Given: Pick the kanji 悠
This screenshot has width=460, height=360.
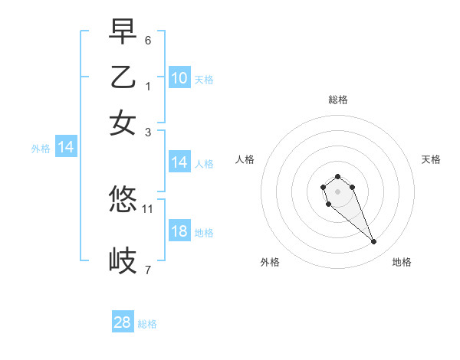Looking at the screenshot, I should click(123, 200).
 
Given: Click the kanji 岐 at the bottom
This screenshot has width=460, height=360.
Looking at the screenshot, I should click(123, 260).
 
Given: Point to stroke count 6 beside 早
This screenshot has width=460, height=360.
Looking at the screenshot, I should click(148, 40).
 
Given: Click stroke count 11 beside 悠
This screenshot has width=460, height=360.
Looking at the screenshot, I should click(149, 208).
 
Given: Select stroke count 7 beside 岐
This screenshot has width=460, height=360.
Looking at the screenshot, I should click(148, 270).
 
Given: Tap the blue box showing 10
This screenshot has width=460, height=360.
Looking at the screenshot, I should click(179, 78).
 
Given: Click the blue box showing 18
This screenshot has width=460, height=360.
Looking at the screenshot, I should click(179, 232).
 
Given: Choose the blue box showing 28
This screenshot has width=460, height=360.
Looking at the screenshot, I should click(123, 322).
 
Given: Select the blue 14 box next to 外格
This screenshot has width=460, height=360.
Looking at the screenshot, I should click(66, 148).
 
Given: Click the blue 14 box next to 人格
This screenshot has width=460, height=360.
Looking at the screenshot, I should click(179, 162).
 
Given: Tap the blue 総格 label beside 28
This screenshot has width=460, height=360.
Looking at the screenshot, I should click(147, 324).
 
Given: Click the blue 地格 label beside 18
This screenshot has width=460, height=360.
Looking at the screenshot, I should click(204, 233).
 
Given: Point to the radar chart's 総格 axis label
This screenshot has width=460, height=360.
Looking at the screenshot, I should click(337, 100).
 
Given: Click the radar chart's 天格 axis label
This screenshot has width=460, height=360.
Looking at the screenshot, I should click(432, 159).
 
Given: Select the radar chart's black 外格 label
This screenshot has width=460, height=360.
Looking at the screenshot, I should click(270, 262).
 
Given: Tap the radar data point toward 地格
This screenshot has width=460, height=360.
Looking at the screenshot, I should click(373, 242).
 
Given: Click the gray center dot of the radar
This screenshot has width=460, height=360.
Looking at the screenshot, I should click(337, 191).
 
